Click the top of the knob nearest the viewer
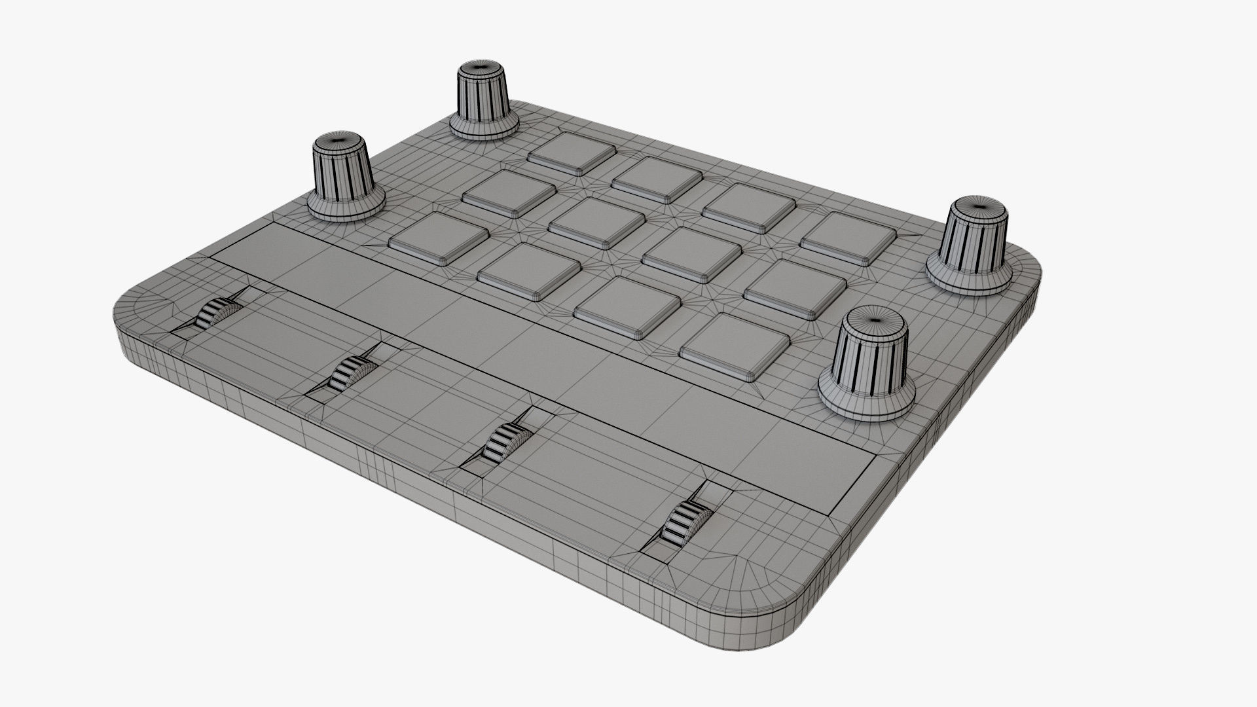tap(874, 317)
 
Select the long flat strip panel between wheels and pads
tap(543, 340)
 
